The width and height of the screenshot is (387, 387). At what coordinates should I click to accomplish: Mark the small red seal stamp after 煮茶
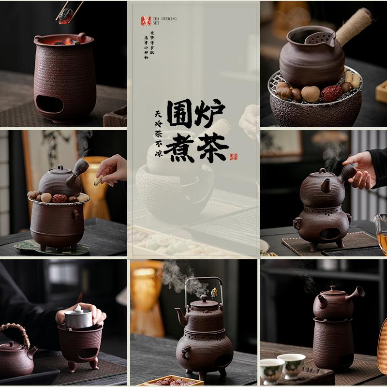(234, 156)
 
